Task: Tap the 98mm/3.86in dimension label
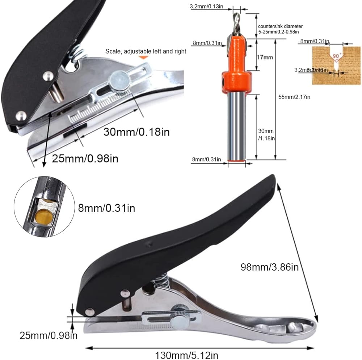(x=270, y=267)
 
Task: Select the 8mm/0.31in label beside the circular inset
(x=106, y=208)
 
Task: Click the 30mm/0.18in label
(x=136, y=131)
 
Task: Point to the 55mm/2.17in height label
(x=294, y=97)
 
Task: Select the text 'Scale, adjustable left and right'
(x=146, y=51)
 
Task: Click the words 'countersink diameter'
(x=280, y=26)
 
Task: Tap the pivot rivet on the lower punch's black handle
(x=89, y=310)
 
